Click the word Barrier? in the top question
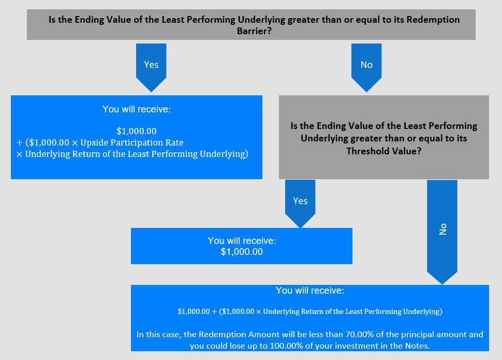point(254,31)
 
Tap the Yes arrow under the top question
point(151,68)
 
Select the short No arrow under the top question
point(366,68)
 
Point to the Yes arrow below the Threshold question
point(300,204)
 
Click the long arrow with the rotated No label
point(442,232)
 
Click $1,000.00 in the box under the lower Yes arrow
point(242,252)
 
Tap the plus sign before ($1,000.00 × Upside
point(20,142)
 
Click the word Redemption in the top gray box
point(433,20)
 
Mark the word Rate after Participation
point(176,142)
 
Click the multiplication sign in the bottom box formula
point(259,312)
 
